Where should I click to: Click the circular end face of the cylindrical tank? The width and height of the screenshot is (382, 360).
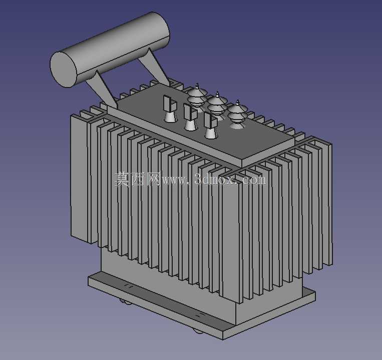[64, 69]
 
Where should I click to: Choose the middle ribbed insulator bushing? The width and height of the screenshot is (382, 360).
[217, 104]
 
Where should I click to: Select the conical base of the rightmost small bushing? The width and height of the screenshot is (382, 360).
[210, 133]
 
